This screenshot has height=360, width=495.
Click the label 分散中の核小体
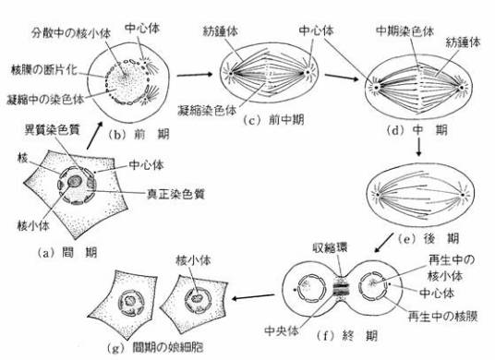(x=71, y=33)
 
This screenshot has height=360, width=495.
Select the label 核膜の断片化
(x=44, y=69)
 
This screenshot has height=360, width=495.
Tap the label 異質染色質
(x=52, y=129)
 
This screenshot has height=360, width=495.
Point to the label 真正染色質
(x=175, y=194)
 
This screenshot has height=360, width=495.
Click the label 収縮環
(x=330, y=247)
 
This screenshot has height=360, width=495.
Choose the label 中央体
(x=282, y=331)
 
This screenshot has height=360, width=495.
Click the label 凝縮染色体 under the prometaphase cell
(x=207, y=111)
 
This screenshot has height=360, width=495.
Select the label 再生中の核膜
(x=442, y=316)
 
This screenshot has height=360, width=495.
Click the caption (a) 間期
(x=67, y=253)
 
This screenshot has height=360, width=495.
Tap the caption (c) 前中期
(x=273, y=120)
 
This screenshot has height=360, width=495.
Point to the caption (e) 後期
(x=429, y=239)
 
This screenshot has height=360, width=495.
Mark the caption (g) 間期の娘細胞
(x=155, y=347)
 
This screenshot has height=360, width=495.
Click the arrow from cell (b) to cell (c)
(x=195, y=75)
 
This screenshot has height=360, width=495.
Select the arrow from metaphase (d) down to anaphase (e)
(x=418, y=147)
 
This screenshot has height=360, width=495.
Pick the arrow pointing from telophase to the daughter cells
(x=253, y=297)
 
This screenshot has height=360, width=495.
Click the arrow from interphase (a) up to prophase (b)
(x=94, y=136)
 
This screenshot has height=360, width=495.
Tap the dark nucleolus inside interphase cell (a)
(x=75, y=182)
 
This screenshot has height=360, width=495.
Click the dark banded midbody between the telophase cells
(x=341, y=287)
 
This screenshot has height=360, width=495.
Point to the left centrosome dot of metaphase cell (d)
(x=376, y=87)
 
